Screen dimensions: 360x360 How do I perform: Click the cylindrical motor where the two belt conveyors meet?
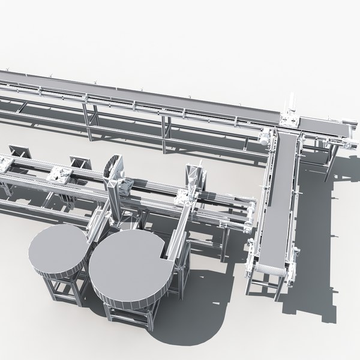[x=264, y=136]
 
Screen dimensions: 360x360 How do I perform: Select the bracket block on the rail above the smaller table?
[x=60, y=175]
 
